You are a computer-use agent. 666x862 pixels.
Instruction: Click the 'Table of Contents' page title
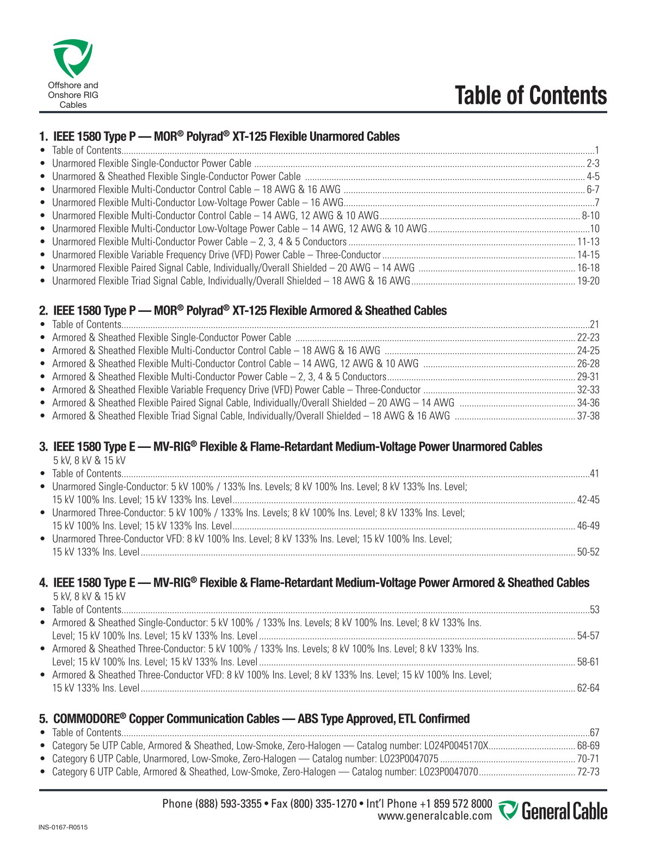(531, 95)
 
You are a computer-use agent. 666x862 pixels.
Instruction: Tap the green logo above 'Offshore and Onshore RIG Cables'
(72, 58)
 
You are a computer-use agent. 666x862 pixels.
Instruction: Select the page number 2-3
(593, 163)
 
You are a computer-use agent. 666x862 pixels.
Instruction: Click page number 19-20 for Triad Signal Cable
(588, 281)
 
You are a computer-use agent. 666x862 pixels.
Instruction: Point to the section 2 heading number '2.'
(44, 311)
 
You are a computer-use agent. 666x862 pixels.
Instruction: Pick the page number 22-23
(588, 337)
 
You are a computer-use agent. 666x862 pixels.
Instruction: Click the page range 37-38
(588, 416)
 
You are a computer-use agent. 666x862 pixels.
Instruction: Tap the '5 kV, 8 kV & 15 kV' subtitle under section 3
(89, 460)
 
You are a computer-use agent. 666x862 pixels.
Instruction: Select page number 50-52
(588, 552)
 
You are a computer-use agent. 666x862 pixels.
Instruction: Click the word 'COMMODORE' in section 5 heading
(86, 719)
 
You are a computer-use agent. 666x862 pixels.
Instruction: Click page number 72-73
(588, 772)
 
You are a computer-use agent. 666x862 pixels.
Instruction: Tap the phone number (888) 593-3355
(228, 804)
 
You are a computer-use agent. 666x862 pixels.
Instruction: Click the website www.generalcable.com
(435, 816)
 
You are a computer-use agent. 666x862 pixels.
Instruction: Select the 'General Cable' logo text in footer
(564, 811)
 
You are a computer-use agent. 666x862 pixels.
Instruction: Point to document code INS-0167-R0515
(63, 827)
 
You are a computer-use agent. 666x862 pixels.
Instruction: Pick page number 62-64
(588, 688)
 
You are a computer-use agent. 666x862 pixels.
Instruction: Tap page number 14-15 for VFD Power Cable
(588, 255)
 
